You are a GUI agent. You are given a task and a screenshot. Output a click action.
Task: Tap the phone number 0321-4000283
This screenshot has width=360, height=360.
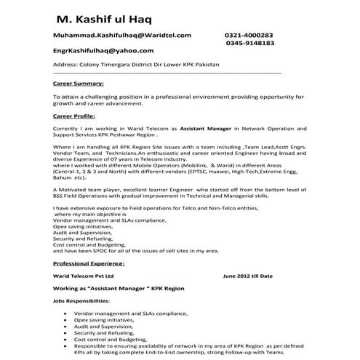pyautogui.click(x=249, y=35)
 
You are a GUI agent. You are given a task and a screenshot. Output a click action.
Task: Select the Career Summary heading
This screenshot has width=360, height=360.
pyautogui.click(x=79, y=84)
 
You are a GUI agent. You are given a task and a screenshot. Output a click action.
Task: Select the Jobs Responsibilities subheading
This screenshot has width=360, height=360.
pyautogui.click(x=82, y=300)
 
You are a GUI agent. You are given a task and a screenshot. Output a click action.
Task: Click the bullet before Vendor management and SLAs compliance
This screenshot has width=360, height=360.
pyautogui.click(x=67, y=312)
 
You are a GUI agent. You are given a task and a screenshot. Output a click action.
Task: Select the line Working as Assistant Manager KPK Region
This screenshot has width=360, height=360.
pyautogui.click(x=118, y=289)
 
